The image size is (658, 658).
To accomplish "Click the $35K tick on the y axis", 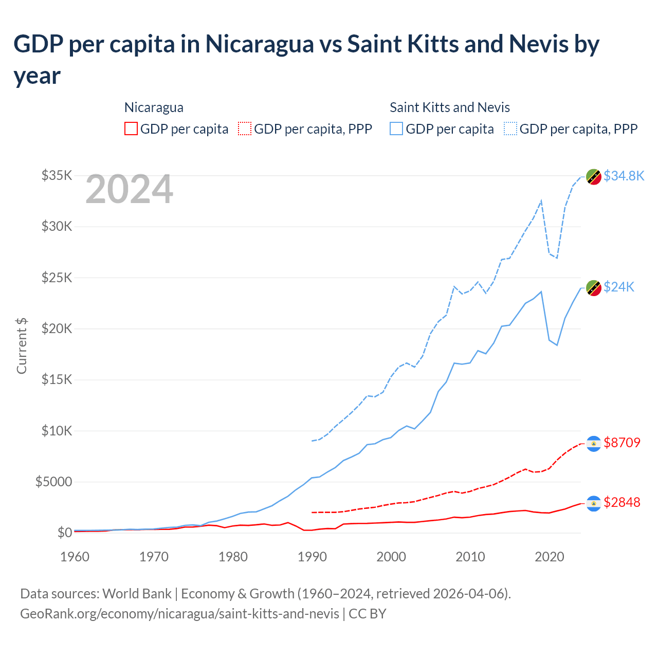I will tap(57, 176).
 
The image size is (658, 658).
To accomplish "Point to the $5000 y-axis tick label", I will tap(53, 482).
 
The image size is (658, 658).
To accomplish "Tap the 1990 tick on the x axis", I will tap(312, 557).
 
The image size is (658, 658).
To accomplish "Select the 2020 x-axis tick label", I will tap(550, 557).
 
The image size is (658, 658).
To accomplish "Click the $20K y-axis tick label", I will tap(57, 328).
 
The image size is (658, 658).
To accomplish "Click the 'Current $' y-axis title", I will tap(22, 345).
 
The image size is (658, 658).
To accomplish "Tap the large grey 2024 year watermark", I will tap(129, 189).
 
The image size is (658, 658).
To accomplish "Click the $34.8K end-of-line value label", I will tap(624, 176).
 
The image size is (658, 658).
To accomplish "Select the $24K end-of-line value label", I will tap(619, 287).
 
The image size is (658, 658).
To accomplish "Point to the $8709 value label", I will tap(622, 443).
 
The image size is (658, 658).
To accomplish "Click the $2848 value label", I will tap(622, 502).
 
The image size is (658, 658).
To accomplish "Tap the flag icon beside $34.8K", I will tap(594, 176).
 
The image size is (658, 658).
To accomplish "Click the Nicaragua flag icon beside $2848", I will tap(594, 503).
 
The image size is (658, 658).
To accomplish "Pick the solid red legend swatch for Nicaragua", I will tap(131, 129).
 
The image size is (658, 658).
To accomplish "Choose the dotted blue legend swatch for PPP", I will tap(510, 129).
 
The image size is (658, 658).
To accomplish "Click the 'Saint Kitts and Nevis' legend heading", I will tap(449, 107).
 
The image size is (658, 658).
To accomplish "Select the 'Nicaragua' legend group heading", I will tap(154, 107).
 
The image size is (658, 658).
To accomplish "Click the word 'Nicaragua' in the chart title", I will tap(260, 44).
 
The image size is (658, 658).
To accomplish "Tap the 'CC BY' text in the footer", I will tap(367, 614).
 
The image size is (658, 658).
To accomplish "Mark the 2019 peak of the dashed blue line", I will tap(541, 201).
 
